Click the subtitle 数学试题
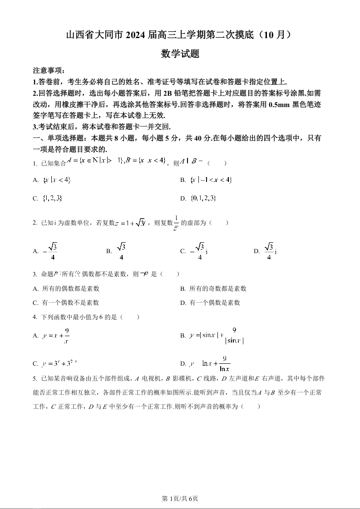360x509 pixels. pos(180,54)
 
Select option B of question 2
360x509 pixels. pos(121,251)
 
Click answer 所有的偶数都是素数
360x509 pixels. pos(70,289)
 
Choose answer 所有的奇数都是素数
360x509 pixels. pos(217,289)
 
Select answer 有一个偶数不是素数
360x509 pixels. pos(70,303)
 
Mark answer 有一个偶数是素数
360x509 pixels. pos(215,303)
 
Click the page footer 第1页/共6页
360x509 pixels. pos(180,499)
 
